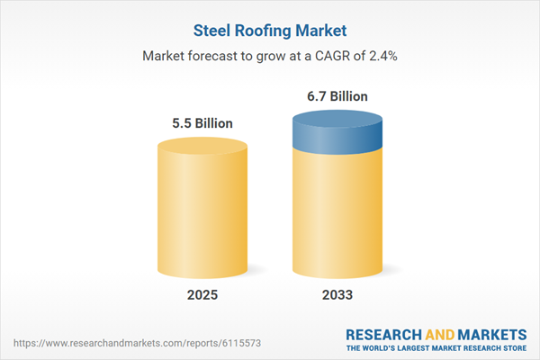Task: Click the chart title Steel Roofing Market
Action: tap(270, 30)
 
